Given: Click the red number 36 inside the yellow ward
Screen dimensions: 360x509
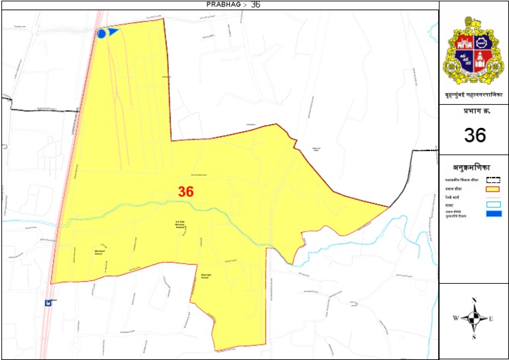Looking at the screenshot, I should click(x=186, y=192).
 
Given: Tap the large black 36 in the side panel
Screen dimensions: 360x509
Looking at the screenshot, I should click(x=475, y=135).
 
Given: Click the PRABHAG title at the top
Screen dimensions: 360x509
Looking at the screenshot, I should click(x=223, y=5).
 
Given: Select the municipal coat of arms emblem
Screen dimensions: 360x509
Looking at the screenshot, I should click(x=474, y=50).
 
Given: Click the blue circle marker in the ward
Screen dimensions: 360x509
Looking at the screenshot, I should click(x=101, y=33).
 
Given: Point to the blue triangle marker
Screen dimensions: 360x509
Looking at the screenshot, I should click(x=113, y=30).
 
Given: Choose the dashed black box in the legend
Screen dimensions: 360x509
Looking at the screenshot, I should click(x=493, y=179).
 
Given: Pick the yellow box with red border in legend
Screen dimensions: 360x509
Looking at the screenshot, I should click(x=493, y=190).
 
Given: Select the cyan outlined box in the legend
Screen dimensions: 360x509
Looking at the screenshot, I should click(x=493, y=204).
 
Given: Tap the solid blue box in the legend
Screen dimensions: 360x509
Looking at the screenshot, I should click(x=493, y=213).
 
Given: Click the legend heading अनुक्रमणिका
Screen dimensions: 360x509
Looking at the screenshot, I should click(x=475, y=168).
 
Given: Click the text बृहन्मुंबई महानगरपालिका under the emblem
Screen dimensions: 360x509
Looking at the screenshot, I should click(x=475, y=96).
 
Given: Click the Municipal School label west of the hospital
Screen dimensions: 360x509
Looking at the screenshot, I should click(x=101, y=251).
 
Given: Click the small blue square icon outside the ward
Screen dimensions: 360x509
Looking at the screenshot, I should click(x=48, y=302).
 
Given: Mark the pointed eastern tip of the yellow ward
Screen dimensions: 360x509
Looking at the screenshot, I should click(x=388, y=207).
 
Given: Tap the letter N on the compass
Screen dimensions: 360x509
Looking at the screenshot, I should click(x=475, y=300).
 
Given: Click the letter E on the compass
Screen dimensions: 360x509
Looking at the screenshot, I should click(x=491, y=319).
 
